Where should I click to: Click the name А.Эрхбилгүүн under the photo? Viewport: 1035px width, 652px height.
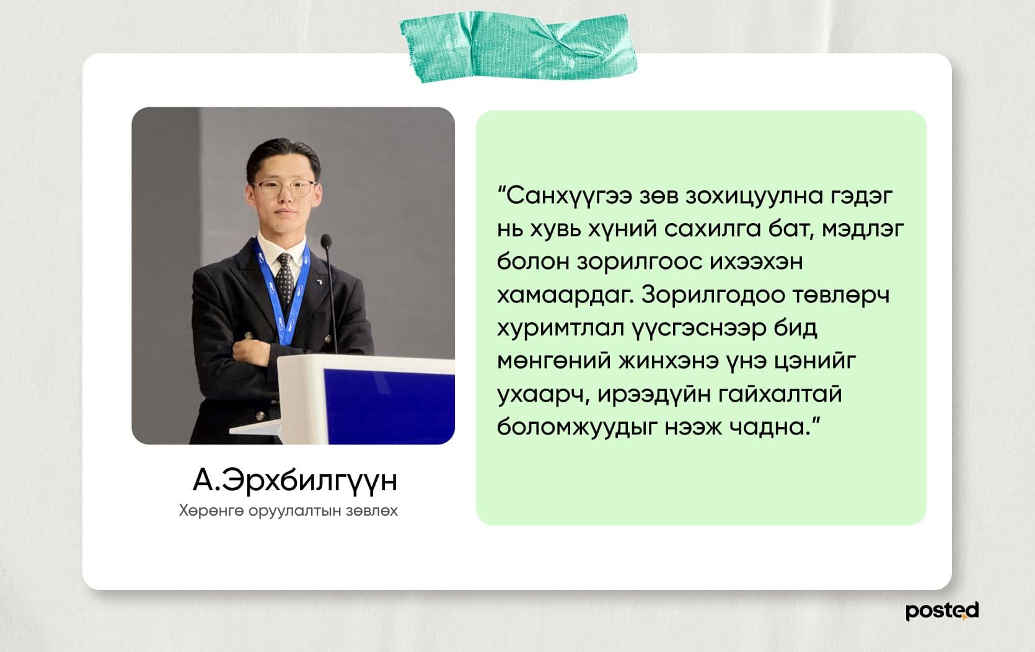click(294, 481)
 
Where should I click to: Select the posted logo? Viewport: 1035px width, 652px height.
click(941, 610)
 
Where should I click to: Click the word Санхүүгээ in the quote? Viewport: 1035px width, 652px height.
click(561, 196)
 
